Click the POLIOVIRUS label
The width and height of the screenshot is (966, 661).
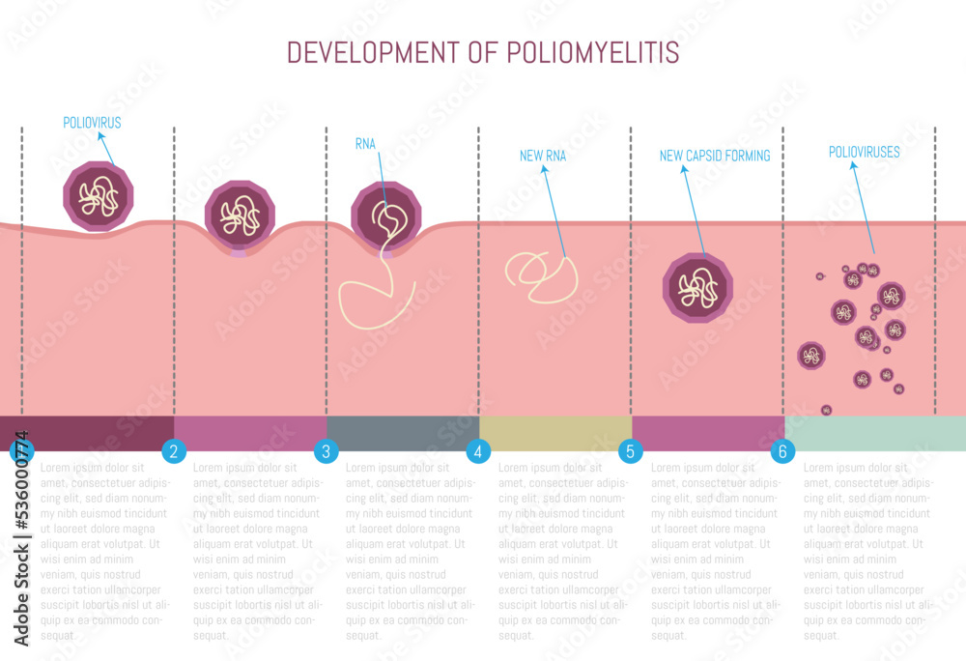(x=92, y=124)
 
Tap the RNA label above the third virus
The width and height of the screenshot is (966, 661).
(x=365, y=145)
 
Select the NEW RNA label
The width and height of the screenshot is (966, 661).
(x=543, y=156)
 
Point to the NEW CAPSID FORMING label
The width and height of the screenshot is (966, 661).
(x=715, y=156)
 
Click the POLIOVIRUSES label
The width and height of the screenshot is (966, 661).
(x=865, y=152)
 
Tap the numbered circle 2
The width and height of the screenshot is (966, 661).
(x=174, y=450)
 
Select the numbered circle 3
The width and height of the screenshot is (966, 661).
(x=327, y=450)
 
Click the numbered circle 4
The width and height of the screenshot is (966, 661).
(x=478, y=450)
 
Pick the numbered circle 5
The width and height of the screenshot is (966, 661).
(x=630, y=450)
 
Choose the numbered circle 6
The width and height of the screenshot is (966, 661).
(x=782, y=450)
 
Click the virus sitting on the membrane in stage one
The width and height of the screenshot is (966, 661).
(x=98, y=197)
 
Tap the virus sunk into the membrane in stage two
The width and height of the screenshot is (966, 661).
(x=240, y=216)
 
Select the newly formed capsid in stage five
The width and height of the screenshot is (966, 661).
(x=697, y=287)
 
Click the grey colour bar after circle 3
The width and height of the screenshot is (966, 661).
(x=403, y=433)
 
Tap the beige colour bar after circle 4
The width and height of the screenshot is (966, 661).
(x=555, y=433)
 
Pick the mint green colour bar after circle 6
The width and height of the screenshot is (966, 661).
(x=874, y=433)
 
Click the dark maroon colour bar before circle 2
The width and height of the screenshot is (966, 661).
(x=97, y=433)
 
